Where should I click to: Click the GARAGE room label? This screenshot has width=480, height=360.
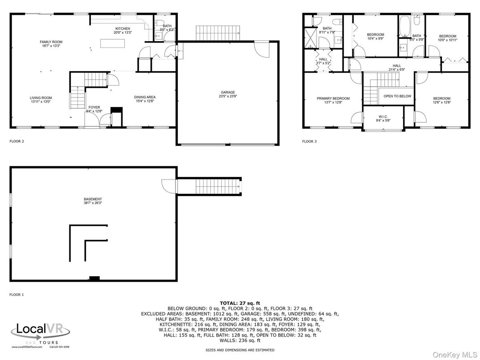coord(227,92)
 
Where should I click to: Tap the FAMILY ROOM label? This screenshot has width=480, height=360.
coord(51,42)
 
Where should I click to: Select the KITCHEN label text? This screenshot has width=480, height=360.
coord(122,29)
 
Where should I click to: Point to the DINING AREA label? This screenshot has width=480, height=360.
coord(145,97)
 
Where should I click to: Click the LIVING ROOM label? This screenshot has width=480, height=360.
coord(41,98)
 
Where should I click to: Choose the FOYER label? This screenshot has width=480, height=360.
coord(94,107)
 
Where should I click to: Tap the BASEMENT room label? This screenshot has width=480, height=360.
coord(93,199)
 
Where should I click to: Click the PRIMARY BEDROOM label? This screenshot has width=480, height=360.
coord(333,99)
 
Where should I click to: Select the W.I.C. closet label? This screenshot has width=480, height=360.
coord(382,117)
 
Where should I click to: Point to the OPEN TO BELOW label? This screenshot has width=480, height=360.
coord(397,96)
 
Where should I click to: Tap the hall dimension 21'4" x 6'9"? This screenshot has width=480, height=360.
coord(397,69)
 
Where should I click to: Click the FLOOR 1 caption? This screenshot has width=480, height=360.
coord(17,295)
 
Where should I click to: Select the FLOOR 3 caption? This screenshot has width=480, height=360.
coord(309,141)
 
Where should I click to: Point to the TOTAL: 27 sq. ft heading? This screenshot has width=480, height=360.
coord(240,304)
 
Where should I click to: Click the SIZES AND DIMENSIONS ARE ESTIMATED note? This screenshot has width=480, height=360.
coord(240,350)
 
